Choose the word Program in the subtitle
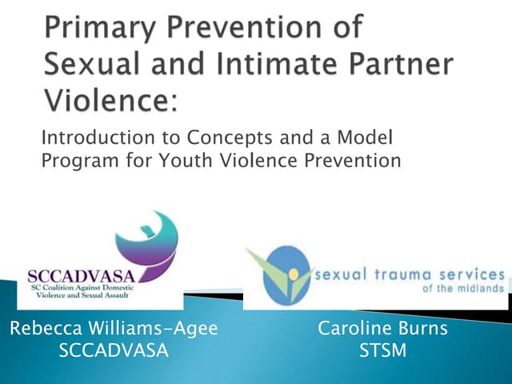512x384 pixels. pyautogui.click(x=74, y=161)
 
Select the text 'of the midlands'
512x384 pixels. pyautogui.click(x=464, y=289)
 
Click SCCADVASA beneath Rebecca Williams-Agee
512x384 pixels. pyautogui.click(x=114, y=350)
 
